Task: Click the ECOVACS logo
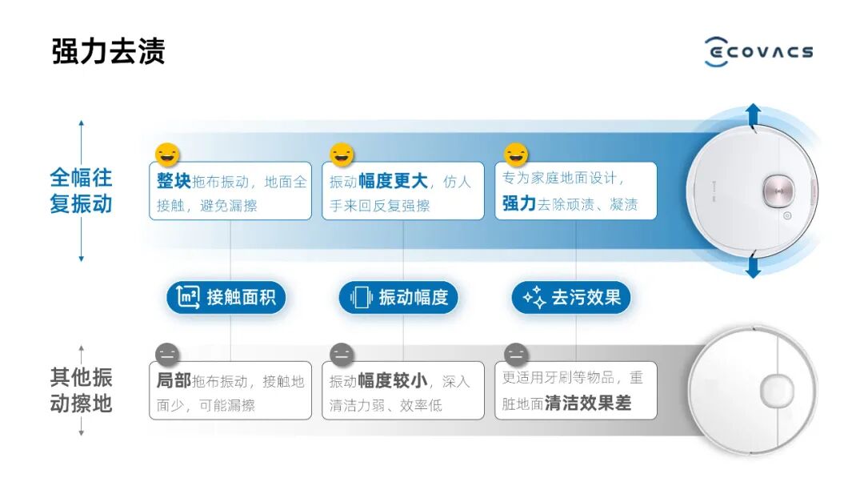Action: [758, 52]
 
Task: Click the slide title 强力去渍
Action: [108, 51]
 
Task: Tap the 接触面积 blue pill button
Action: [226, 298]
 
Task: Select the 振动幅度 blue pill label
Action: [398, 298]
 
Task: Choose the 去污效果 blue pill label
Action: [571, 298]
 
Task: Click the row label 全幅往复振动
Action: [81, 190]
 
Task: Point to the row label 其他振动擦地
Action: [81, 390]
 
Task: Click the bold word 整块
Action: [174, 181]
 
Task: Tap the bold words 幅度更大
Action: [393, 181]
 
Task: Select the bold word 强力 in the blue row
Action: [518, 203]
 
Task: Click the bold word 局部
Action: [174, 381]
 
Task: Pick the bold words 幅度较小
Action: [393, 381]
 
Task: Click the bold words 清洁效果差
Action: [588, 404]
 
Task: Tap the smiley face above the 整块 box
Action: [168, 154]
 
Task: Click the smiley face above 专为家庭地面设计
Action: [516, 154]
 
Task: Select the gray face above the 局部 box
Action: [168, 354]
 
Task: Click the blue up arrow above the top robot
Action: [753, 115]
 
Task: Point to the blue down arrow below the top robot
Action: [753, 266]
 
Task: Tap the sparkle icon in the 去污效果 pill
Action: [534, 298]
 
